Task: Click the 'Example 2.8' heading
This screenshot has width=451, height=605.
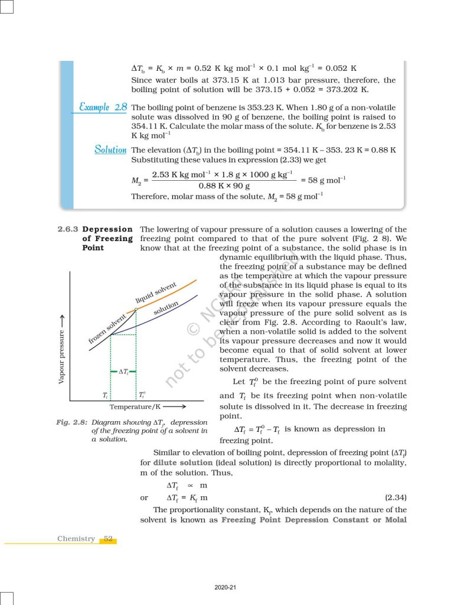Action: tap(103, 108)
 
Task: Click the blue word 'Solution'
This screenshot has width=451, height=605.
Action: tap(110, 150)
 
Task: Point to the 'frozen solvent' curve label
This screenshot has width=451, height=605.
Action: tap(107, 329)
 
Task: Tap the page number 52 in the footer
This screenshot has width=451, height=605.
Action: tap(108, 539)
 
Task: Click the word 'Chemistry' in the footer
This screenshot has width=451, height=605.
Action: tap(76, 539)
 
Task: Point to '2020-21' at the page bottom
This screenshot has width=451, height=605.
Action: tap(225, 587)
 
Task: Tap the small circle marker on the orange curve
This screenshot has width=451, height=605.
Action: tap(136, 309)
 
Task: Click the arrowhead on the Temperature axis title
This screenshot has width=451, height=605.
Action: tap(183, 407)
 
